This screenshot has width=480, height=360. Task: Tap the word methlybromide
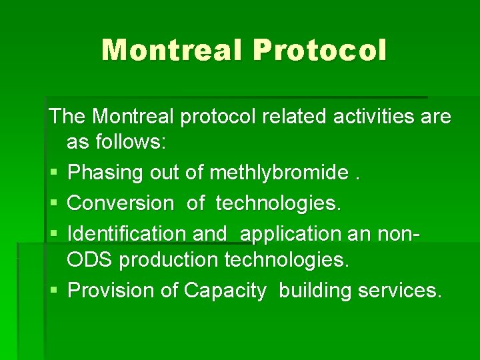(279, 173)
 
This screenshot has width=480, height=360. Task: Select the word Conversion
(120, 203)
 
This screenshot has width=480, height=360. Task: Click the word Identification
(127, 233)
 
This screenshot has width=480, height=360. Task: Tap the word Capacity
(225, 291)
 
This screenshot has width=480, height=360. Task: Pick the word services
(399, 291)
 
